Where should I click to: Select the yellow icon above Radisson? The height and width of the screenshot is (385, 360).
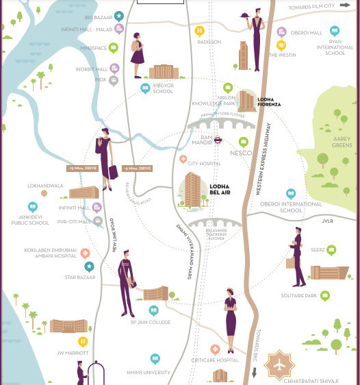(x=200, y=31)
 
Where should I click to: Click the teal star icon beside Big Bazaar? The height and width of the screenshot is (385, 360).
(x=119, y=16)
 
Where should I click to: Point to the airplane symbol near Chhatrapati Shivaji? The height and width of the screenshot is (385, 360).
(x=280, y=364)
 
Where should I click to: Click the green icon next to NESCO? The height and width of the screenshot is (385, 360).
(x=243, y=142)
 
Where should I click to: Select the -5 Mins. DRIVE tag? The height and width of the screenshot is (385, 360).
(x=137, y=168)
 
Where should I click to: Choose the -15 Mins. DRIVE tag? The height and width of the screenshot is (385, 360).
(x=80, y=168)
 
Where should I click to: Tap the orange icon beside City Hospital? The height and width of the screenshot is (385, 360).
(x=183, y=159)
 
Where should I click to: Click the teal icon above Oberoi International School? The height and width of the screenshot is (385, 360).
(x=291, y=195)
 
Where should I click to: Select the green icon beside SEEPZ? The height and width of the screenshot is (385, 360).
(x=331, y=251)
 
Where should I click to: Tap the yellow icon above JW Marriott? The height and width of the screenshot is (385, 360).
(x=83, y=341)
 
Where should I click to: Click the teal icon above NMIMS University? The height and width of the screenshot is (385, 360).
(x=155, y=358)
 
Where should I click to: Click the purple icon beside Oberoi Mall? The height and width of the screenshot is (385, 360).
(x=281, y=32)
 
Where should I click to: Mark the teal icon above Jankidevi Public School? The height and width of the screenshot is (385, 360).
(x=32, y=207)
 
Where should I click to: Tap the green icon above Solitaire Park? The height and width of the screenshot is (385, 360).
(x=325, y=296)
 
